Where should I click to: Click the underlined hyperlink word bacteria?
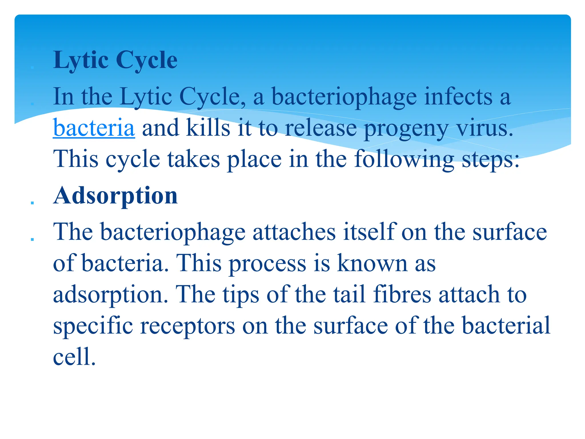(x=94, y=128)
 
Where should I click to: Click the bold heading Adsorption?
(x=115, y=196)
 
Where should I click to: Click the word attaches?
(x=294, y=232)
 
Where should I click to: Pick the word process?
(x=267, y=264)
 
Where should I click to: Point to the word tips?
(x=241, y=295)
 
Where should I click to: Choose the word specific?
(x=93, y=326)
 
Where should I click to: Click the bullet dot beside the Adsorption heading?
(x=32, y=203)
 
